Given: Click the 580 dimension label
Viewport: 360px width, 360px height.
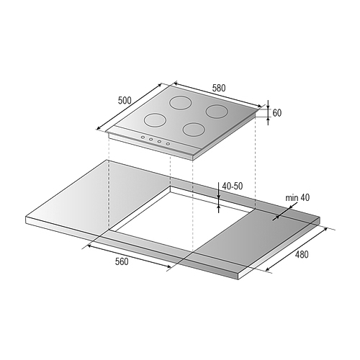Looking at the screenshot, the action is click(x=219, y=88).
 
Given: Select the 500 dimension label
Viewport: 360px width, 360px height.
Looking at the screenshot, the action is click(x=125, y=100).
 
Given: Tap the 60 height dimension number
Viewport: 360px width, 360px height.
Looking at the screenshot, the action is click(x=277, y=113).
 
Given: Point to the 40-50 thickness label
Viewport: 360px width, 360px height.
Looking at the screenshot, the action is click(x=233, y=186).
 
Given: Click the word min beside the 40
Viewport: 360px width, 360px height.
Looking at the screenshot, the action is click(x=292, y=198).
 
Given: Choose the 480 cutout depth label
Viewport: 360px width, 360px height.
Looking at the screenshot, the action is click(x=302, y=254).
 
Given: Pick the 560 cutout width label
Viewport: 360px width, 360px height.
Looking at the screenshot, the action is click(x=122, y=261).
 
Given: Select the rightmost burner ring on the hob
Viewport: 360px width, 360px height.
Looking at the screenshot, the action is click(x=217, y=111).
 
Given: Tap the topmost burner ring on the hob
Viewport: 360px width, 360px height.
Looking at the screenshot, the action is click(x=181, y=103).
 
